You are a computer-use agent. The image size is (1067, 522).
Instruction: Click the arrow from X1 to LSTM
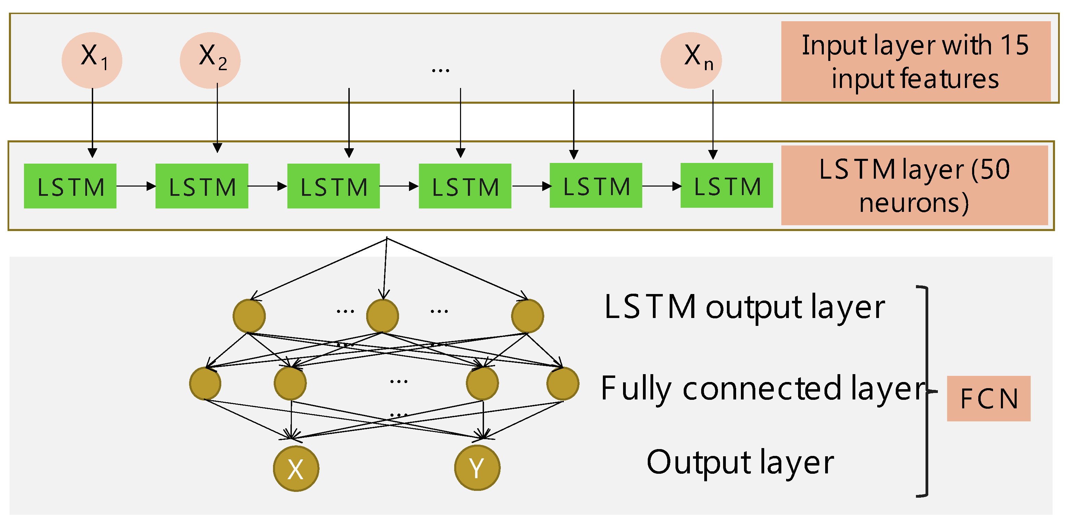tap(92, 124)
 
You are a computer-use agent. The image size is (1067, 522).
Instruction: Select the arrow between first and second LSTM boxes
tap(136, 186)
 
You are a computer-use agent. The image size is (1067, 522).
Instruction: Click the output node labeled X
tap(296, 468)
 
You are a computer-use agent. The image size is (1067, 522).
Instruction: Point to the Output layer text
tap(740, 462)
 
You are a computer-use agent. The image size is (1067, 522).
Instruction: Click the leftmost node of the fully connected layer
tap(205, 383)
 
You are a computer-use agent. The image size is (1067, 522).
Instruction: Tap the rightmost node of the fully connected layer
tap(562, 383)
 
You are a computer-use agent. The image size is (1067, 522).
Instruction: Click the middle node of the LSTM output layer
tap(382, 316)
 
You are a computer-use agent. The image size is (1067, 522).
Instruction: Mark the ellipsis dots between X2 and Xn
tap(440, 71)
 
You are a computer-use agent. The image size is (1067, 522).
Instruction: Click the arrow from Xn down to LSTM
tap(712, 124)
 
